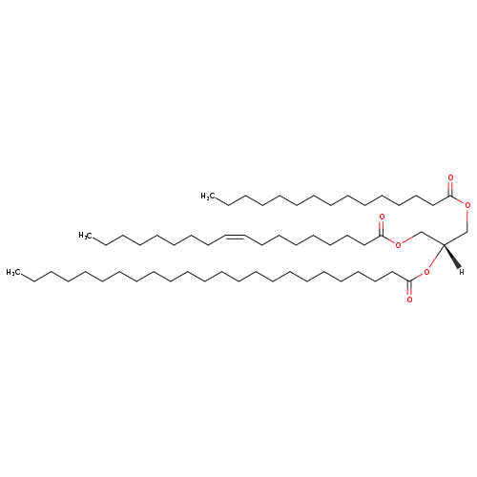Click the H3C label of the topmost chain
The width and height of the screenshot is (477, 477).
pos(208,197)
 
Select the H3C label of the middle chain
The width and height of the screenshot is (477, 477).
pos(86,236)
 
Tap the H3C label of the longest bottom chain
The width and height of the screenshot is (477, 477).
pos(13,273)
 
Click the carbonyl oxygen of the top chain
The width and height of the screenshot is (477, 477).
pos(450,177)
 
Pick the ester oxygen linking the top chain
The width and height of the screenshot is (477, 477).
pos(467,205)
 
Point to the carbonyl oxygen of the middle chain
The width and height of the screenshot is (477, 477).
pos(382,217)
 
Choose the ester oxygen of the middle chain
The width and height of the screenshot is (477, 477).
pos(398,244)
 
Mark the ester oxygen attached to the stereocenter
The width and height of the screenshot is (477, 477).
pos(426,272)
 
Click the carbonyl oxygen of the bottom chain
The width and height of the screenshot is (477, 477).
pos(409,300)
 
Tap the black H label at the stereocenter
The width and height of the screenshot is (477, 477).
pos(462,272)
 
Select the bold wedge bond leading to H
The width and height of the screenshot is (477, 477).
pos(452,257)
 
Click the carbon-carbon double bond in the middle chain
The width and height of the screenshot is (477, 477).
pos(235,237)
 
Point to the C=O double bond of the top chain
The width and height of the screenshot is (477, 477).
pos(450,189)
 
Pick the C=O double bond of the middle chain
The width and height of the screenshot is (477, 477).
pos(382,228)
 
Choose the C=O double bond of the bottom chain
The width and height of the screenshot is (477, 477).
pos(409,288)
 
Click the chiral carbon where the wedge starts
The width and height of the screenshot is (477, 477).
pos(444,244)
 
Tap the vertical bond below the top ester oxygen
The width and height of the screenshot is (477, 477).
pos(467,220)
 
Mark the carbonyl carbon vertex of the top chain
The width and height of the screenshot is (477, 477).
pos(450,197)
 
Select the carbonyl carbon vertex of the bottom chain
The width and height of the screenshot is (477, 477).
pos(409,280)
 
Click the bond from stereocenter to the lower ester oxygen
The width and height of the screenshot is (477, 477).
pos(436,257)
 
